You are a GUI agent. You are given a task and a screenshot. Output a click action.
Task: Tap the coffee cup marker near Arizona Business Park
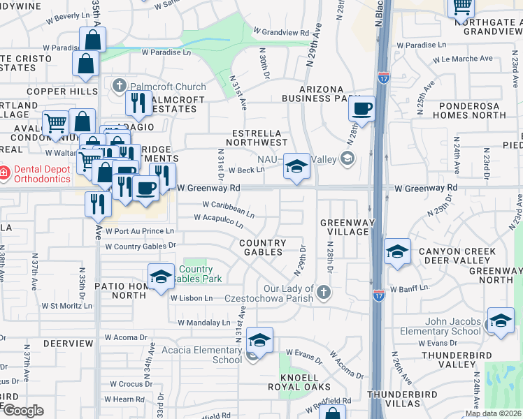point(361,109)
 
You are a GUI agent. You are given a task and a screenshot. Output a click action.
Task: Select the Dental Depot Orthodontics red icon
point(3,172)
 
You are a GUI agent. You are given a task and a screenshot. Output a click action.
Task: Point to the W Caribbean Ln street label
point(229,207)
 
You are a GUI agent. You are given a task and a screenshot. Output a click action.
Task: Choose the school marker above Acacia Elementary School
point(259,341)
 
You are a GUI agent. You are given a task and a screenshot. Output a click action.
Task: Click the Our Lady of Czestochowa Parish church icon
point(322,291)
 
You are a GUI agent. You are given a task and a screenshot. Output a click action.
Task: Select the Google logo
point(23,411)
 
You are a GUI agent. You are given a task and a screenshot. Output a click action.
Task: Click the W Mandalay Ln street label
point(203,323)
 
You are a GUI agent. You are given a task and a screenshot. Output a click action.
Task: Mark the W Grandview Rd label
point(281,33)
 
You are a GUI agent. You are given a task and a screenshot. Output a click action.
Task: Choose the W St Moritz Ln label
point(69,306)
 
